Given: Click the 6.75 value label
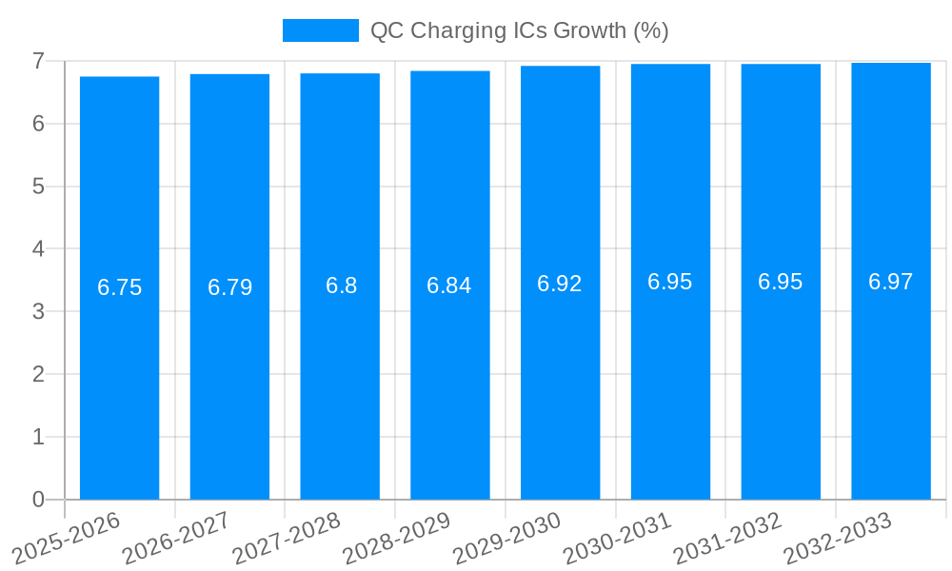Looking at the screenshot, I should (x=119, y=287).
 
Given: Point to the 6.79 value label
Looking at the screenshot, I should (x=229, y=287).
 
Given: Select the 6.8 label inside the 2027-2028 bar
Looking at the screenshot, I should (x=341, y=285).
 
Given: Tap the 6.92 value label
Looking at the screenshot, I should (x=560, y=284).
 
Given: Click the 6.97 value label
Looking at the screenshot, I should (x=891, y=282).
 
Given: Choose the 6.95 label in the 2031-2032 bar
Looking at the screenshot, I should (x=781, y=282).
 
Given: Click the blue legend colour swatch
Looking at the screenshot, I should (x=321, y=30).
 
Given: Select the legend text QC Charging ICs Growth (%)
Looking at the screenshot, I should (x=519, y=30).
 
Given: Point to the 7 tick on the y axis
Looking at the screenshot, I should (x=38, y=61).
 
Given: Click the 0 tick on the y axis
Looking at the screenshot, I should (x=38, y=500).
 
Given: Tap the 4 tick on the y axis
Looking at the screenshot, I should (x=38, y=249).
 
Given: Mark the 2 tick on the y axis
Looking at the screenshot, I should (x=38, y=374).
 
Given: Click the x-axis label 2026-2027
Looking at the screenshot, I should (x=177, y=538).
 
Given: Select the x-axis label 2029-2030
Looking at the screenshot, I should (x=507, y=538).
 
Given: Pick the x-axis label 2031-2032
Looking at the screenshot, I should (x=728, y=538).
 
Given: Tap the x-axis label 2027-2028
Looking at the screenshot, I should (x=287, y=538).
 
